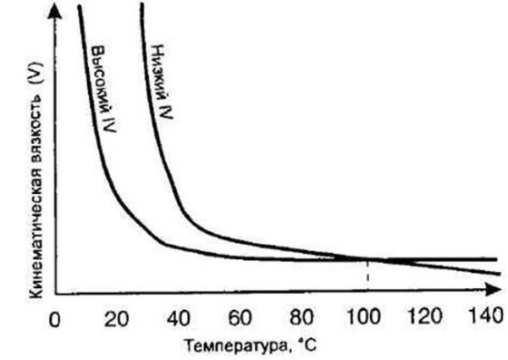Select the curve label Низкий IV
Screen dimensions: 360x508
coord(161,81)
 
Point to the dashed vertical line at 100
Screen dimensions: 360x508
coord(367,276)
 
